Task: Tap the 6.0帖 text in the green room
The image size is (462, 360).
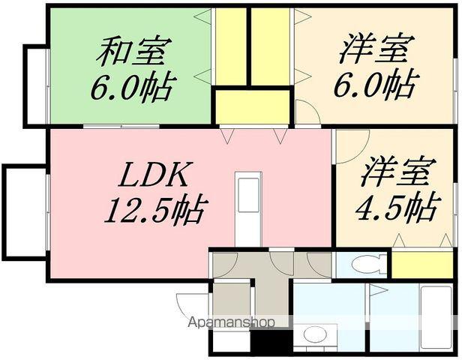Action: click(x=133, y=88)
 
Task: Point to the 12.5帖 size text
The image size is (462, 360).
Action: click(x=154, y=210)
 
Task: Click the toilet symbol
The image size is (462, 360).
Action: click(x=367, y=264)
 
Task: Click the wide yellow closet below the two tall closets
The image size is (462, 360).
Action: click(x=252, y=106)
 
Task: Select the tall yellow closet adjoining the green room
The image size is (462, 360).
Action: click(x=230, y=46)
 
